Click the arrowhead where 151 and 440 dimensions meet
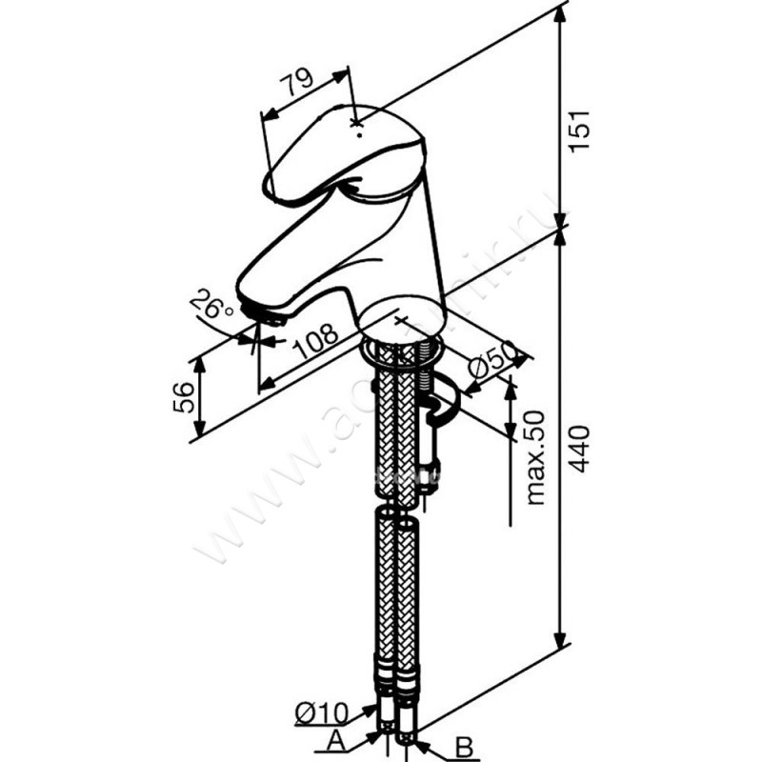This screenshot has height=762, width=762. click(x=562, y=226)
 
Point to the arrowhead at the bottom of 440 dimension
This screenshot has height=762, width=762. click(x=562, y=640)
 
